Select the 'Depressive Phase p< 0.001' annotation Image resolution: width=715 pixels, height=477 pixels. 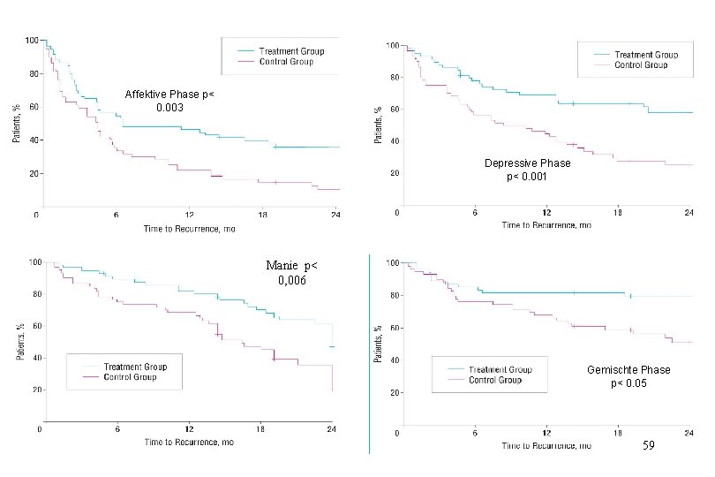click(527, 170)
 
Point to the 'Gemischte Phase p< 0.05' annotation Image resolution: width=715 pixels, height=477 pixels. click(628, 375)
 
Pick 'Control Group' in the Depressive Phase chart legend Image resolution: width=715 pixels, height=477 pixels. click(640, 64)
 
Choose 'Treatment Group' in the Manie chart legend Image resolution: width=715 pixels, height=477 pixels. click(135, 367)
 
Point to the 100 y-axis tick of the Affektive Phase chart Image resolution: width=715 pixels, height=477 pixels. click(31, 41)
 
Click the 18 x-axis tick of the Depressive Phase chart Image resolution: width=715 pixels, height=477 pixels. click(618, 213)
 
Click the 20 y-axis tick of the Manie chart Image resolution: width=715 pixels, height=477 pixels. click(33, 390)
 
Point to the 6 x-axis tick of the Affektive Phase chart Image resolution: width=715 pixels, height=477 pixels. click(116, 215)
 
